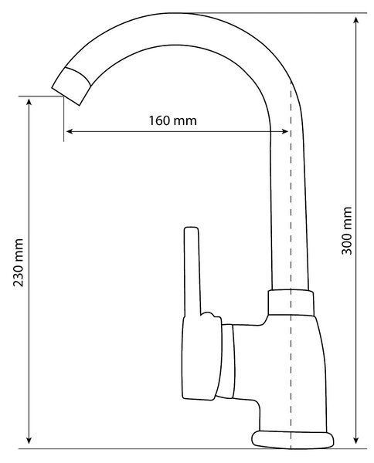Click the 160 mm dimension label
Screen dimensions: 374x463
click(172, 121)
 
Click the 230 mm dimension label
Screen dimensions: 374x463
click(18, 262)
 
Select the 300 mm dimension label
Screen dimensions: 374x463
click(346, 231)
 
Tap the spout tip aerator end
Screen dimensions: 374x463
click(72, 86)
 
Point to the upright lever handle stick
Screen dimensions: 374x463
click(192, 272)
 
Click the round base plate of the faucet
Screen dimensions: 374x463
click(293, 441)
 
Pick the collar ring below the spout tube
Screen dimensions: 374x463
click(291, 302)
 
